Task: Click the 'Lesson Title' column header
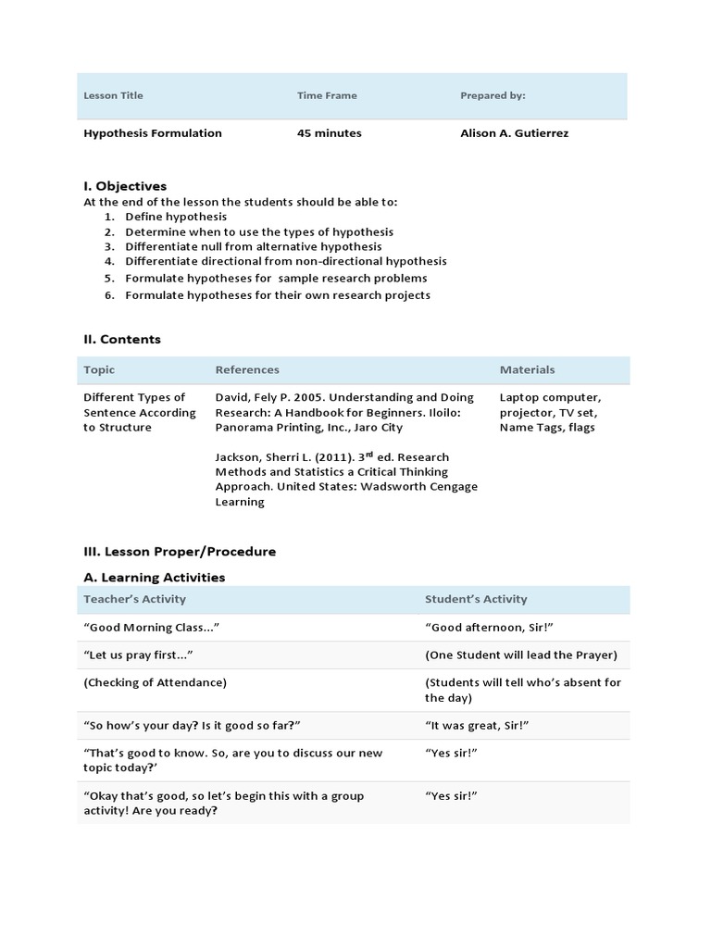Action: pyautogui.click(x=113, y=95)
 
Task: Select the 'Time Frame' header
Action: pyautogui.click(x=327, y=95)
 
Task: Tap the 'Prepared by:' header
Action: pyautogui.click(x=493, y=95)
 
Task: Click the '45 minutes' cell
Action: pyautogui.click(x=329, y=133)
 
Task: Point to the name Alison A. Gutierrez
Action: pyautogui.click(x=514, y=133)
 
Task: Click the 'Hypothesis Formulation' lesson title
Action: pyautogui.click(x=153, y=133)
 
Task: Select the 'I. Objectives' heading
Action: pyautogui.click(x=125, y=186)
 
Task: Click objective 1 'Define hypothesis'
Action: pyautogui.click(x=176, y=217)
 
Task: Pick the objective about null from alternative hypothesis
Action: pyautogui.click(x=253, y=247)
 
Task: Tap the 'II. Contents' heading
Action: pyautogui.click(x=122, y=340)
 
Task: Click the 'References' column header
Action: pyautogui.click(x=247, y=369)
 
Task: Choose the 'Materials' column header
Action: pyautogui.click(x=527, y=369)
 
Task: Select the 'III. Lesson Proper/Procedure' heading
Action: pyautogui.click(x=180, y=552)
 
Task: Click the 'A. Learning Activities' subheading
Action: pyautogui.click(x=154, y=578)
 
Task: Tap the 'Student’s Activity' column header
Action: pyautogui.click(x=476, y=599)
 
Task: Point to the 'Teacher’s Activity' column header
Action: pyautogui.click(x=134, y=599)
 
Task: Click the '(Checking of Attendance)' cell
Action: pyautogui.click(x=155, y=682)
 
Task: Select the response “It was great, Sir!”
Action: pyautogui.click(x=477, y=725)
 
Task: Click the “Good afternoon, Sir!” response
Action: pyautogui.click(x=489, y=628)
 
